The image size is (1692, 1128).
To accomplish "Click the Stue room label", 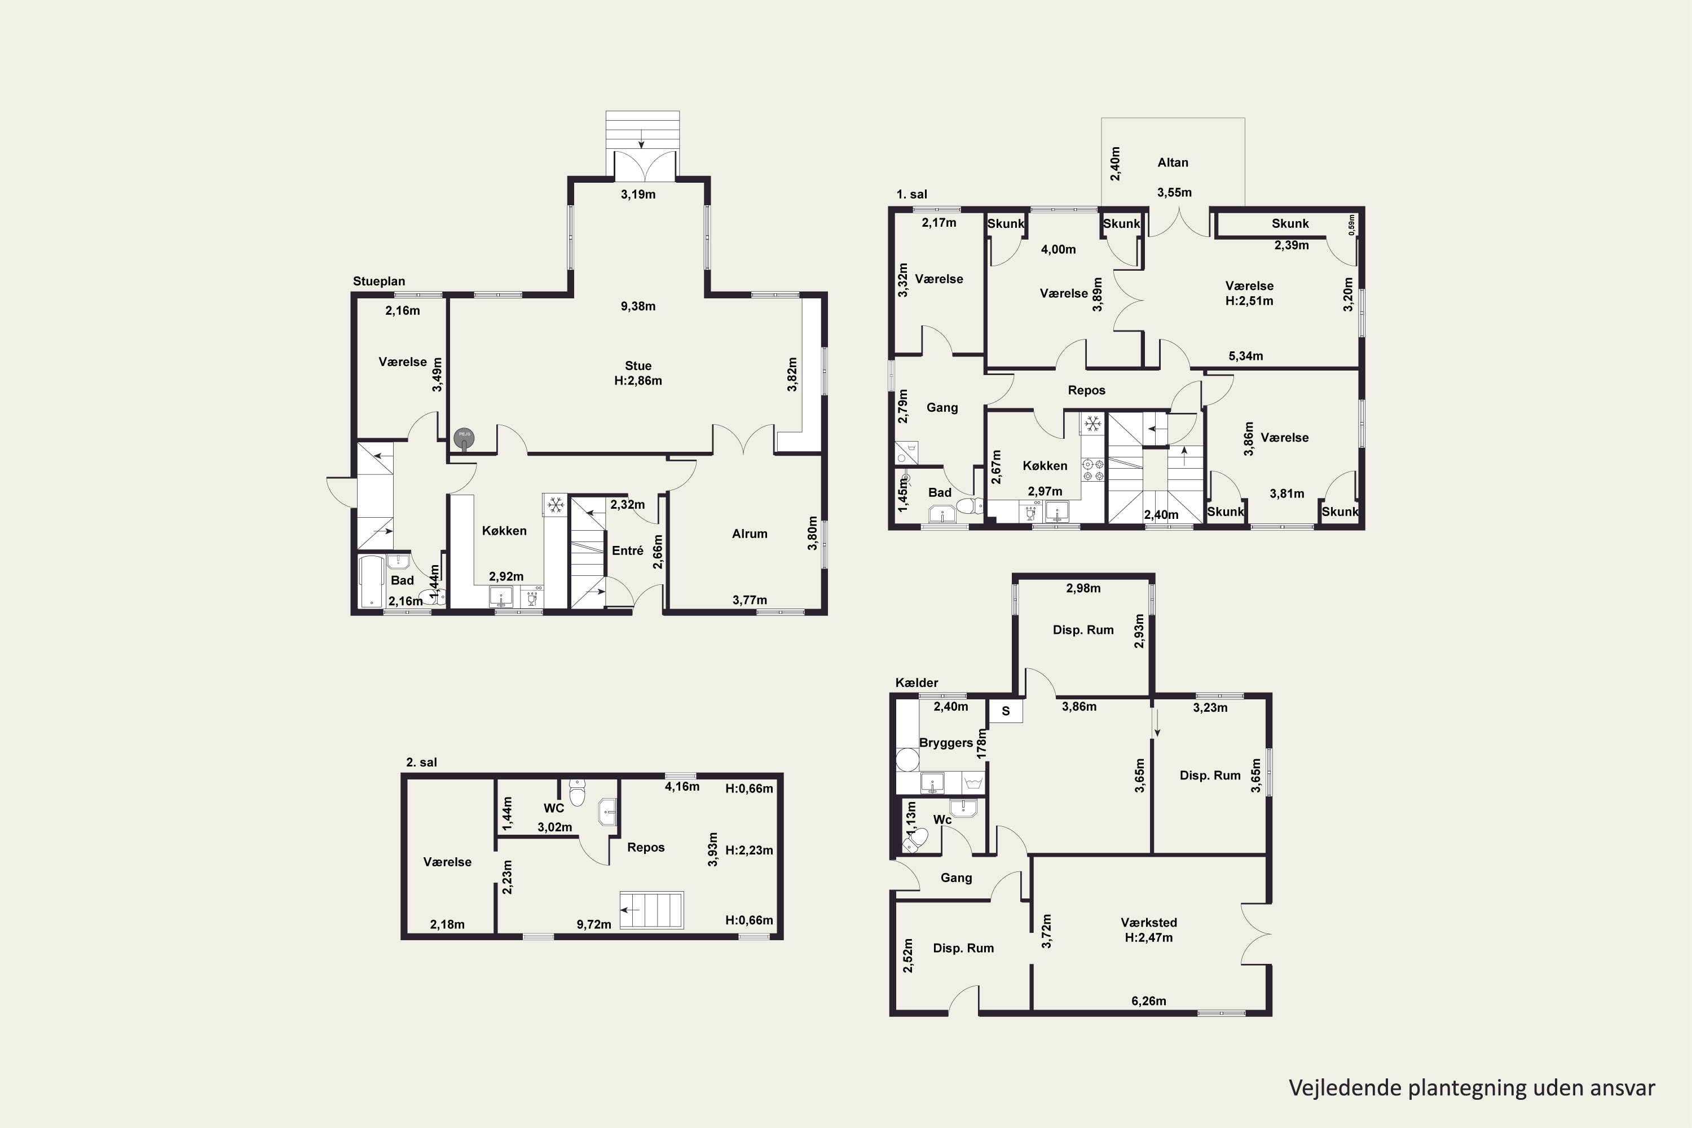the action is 638,366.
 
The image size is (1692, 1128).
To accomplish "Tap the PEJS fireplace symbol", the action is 464,436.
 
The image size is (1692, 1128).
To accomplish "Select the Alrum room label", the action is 750,534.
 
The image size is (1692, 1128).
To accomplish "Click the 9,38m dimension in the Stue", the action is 638,306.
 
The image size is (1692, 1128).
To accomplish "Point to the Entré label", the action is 627,550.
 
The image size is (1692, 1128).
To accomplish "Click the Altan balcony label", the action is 1173,162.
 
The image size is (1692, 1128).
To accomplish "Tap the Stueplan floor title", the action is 379,281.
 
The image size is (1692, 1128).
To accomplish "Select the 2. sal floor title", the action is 421,763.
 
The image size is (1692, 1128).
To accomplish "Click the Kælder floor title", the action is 916,682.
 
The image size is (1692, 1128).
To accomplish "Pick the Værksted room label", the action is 1149,922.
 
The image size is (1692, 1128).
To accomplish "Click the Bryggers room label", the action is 946,743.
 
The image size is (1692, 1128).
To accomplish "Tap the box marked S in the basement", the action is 1006,711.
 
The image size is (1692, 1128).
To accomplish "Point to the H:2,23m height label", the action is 749,851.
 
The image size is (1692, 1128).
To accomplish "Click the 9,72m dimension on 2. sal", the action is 594,924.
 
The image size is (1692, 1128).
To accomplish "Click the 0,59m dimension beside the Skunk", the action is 1352,224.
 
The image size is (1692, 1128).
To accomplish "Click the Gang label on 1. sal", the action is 942,408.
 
